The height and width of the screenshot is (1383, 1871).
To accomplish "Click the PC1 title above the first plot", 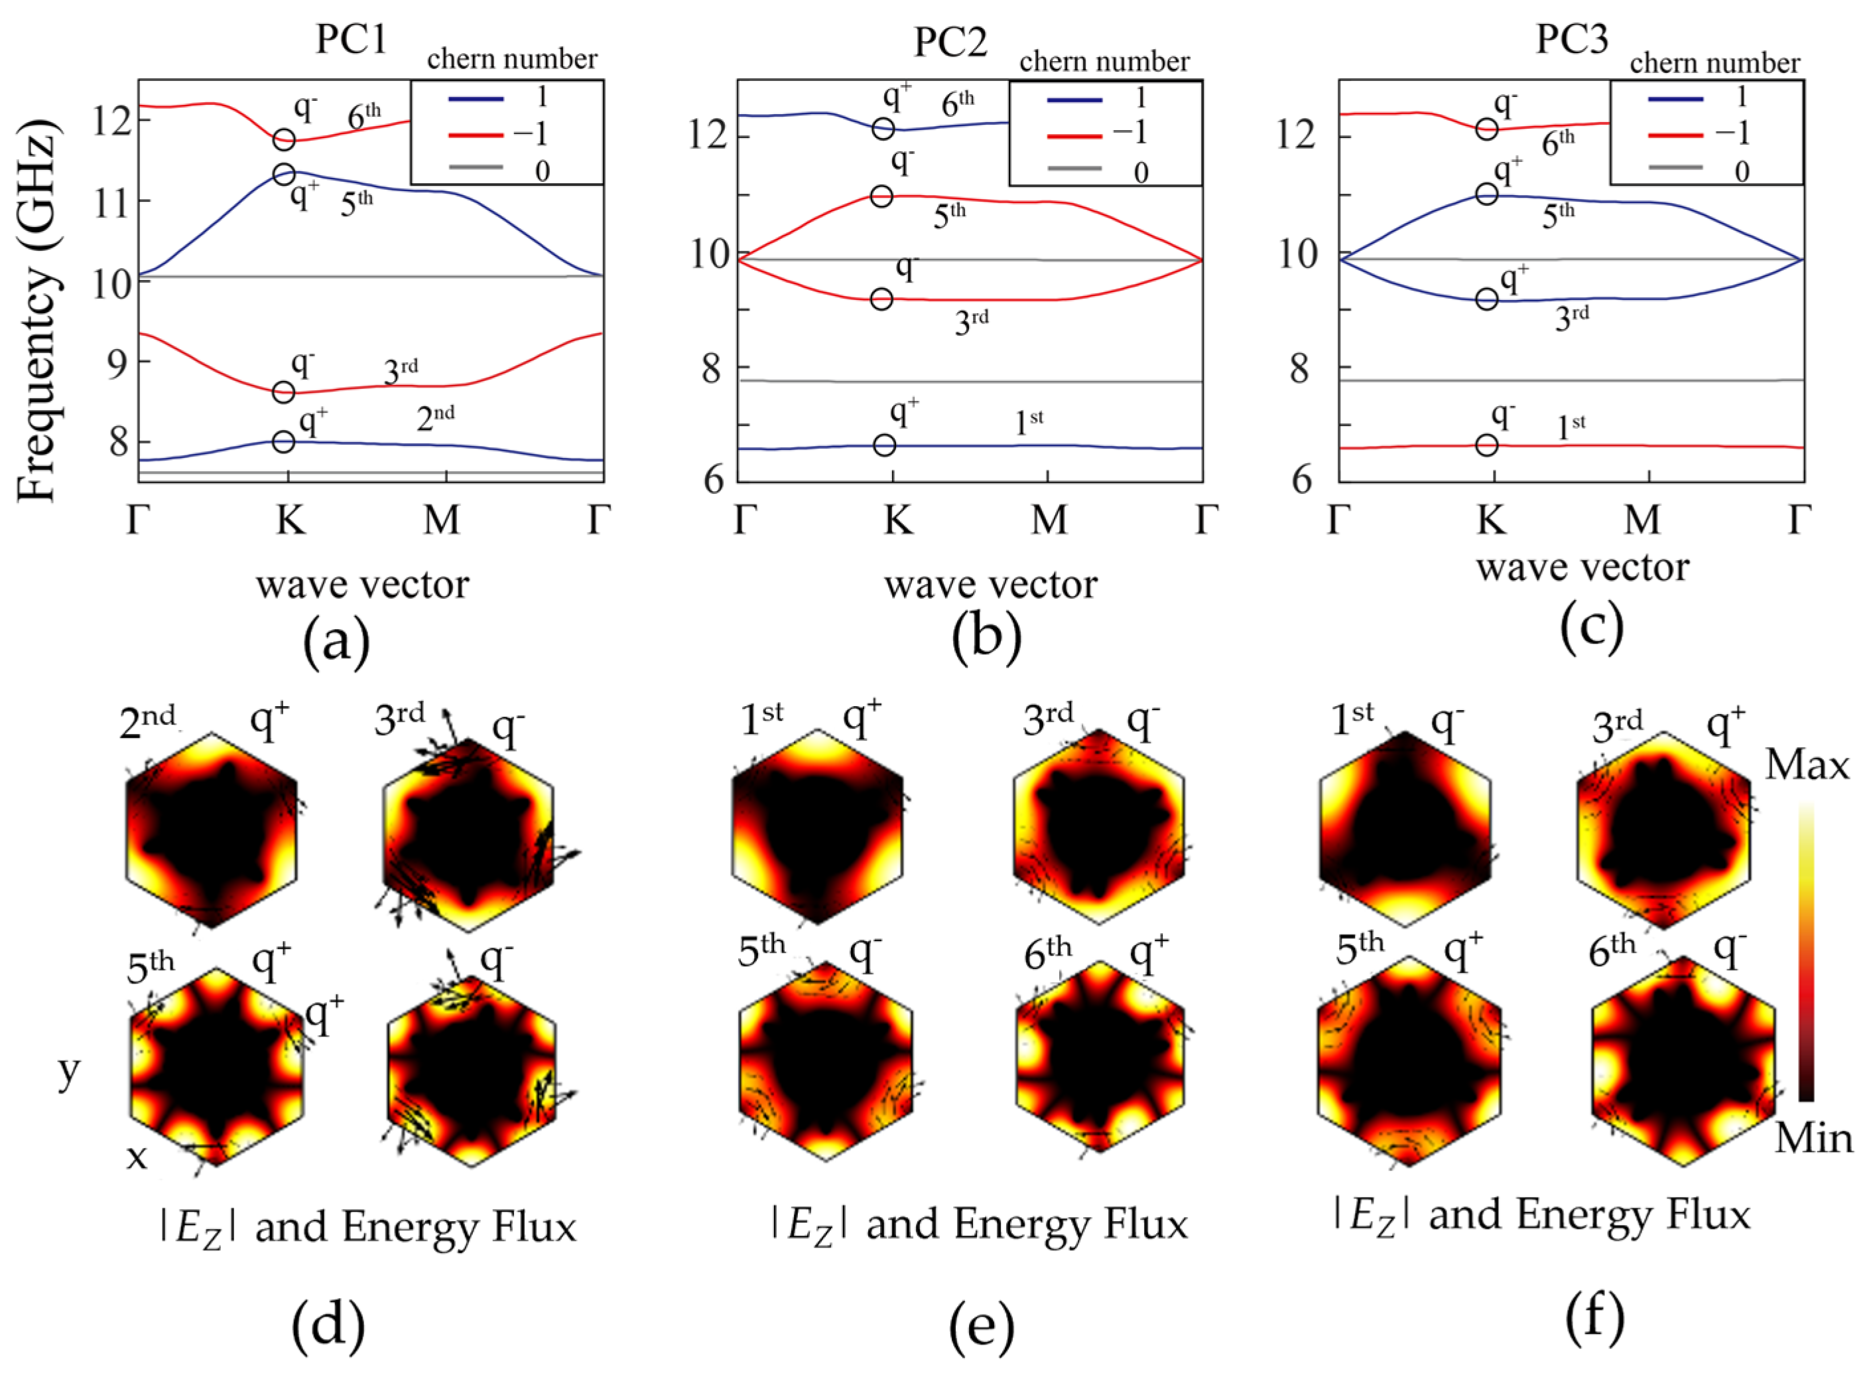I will pos(351,39).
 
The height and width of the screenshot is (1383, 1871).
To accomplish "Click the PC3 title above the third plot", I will pos(1571,39).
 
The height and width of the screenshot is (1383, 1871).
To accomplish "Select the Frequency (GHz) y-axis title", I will pos(38,310).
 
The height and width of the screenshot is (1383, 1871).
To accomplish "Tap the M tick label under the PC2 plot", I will pos(1049,521).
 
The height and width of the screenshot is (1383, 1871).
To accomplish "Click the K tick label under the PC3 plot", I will pos(1490,521).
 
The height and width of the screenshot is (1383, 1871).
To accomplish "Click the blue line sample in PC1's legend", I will pos(476,99).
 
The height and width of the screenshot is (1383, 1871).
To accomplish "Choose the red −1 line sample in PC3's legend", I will pos(1676,134).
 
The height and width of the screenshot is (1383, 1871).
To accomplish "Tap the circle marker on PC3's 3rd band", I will pos(1486,299).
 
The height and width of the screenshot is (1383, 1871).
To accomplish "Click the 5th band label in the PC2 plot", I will pos(949,216).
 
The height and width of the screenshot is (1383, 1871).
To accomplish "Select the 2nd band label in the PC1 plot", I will pos(435,417).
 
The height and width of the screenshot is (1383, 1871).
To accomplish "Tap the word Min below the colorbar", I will pos(1813,1139).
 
